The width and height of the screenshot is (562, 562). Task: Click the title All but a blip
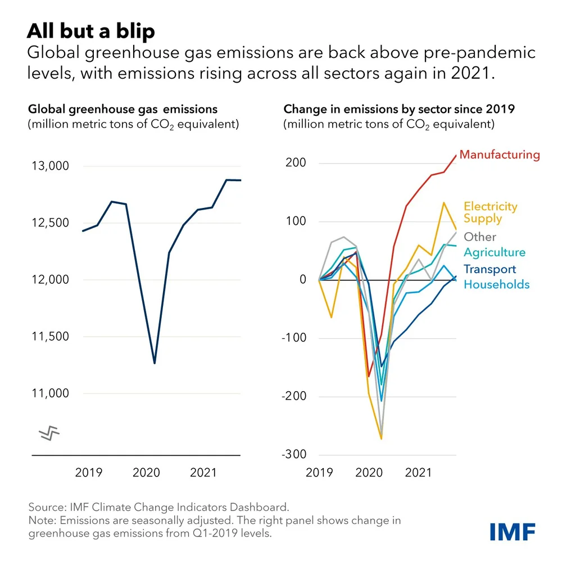pos(90,31)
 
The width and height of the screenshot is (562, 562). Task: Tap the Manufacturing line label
pos(500,155)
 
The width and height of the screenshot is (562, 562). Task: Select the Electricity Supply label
pos(490,212)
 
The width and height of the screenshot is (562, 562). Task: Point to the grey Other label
pos(480,237)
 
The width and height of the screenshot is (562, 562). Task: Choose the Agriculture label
pos(495,252)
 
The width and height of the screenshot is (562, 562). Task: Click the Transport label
pos(490,269)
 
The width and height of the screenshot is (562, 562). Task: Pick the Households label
pos(496,284)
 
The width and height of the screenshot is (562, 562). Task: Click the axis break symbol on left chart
pos(49,433)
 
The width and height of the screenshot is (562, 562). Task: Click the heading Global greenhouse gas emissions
pos(123,109)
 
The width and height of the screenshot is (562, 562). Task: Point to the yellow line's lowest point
pos(382,438)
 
